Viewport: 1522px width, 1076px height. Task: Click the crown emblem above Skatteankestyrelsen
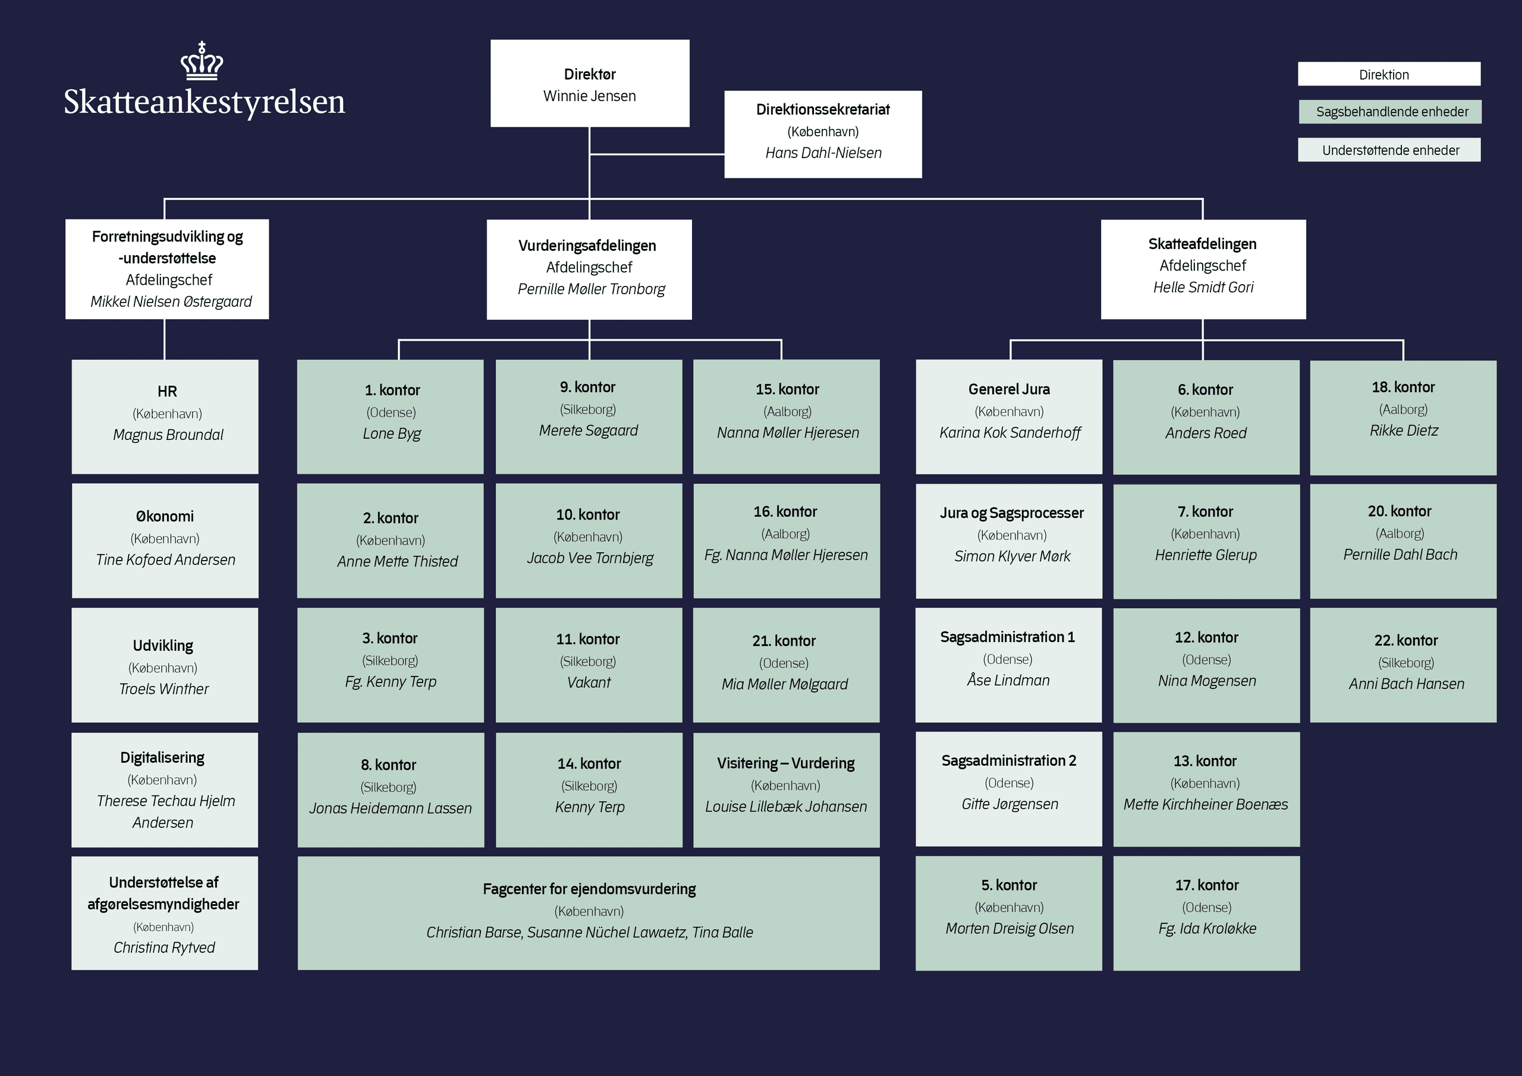tap(202, 61)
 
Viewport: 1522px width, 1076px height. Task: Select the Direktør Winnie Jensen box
tap(589, 84)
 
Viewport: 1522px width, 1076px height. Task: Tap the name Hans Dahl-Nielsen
tap(823, 153)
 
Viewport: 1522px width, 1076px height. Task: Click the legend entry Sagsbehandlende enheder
tap(1389, 112)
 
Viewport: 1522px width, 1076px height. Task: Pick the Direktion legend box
tap(1389, 74)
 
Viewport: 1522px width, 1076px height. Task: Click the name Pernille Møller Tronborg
tap(590, 289)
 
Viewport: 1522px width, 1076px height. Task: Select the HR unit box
tap(165, 416)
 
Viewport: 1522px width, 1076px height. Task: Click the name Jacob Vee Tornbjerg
tap(589, 558)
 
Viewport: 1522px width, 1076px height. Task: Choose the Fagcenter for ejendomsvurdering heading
tap(589, 889)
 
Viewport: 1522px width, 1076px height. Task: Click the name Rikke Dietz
tap(1403, 431)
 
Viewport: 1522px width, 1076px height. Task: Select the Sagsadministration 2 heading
tap(1008, 760)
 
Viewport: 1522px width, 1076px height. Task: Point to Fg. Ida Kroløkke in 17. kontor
tap(1206, 929)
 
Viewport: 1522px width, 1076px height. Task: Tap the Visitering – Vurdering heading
tap(785, 763)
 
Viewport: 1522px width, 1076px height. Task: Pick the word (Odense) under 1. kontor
tap(391, 413)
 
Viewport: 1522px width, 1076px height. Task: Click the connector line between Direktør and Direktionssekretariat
tap(656, 155)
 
